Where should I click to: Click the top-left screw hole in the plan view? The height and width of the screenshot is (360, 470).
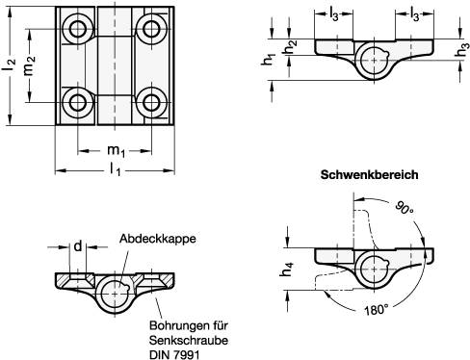76,30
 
